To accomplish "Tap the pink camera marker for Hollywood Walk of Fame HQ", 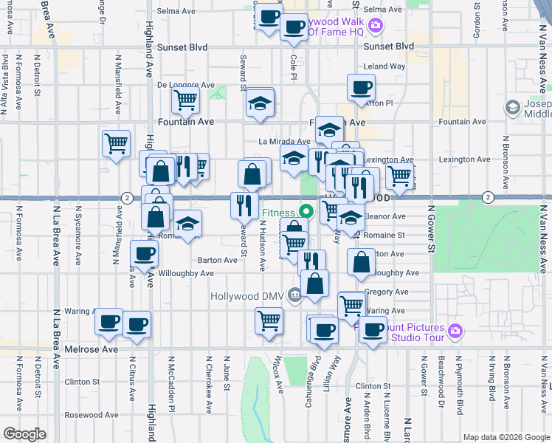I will click(376, 27).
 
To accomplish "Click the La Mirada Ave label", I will click(284, 141).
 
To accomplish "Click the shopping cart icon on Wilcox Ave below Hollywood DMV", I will click(269, 320).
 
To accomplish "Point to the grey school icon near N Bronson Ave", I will click(512, 109).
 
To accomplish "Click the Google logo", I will click(24, 434).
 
